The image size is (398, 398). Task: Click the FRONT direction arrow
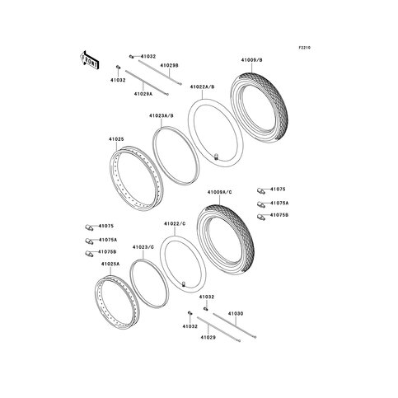coord(90,60)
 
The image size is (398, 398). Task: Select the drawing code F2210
coord(305,48)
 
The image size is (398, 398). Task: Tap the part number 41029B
coord(169,65)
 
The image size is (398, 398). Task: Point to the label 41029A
coord(143,94)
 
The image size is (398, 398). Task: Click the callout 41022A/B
coord(203,87)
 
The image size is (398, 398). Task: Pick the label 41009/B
coord(252,60)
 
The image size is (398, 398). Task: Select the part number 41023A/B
coord(162,116)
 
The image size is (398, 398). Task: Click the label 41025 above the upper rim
coord(116,139)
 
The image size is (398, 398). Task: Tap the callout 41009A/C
coord(220,192)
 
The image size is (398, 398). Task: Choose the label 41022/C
coord(175,224)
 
